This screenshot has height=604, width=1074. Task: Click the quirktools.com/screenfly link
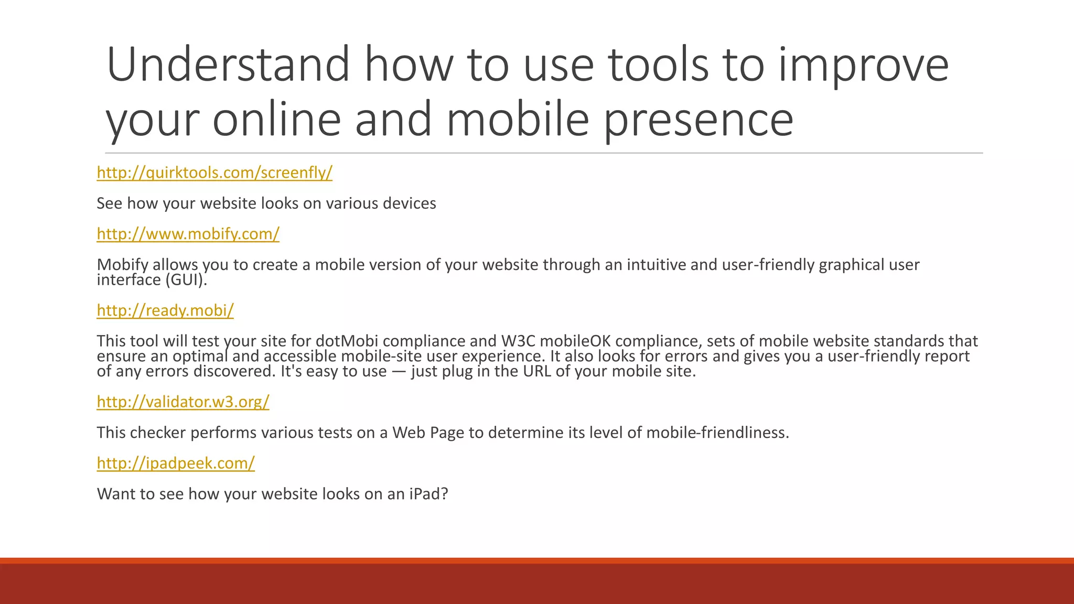pos(214,172)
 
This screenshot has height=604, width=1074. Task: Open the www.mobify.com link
pos(188,234)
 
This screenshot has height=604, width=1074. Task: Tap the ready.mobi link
pos(165,310)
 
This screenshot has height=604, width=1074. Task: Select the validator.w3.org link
pos(183,402)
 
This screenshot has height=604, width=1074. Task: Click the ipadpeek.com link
pos(176,463)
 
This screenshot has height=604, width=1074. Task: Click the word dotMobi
pos(347,341)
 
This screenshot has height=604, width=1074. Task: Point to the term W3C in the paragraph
pos(518,341)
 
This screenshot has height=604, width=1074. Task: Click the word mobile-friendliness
pos(717,433)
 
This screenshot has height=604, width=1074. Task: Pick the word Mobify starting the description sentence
pos(123,265)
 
